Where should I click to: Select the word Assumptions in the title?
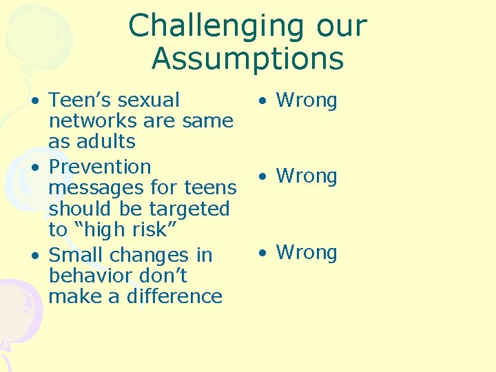(x=247, y=59)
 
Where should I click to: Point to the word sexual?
(x=149, y=100)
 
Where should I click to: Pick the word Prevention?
(x=100, y=167)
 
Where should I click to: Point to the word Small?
(x=76, y=255)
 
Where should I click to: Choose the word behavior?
(x=92, y=276)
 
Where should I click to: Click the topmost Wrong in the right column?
(x=307, y=101)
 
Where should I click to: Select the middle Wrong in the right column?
(x=307, y=176)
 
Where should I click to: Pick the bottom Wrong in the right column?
(x=307, y=252)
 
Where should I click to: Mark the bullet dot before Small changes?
(x=34, y=256)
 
